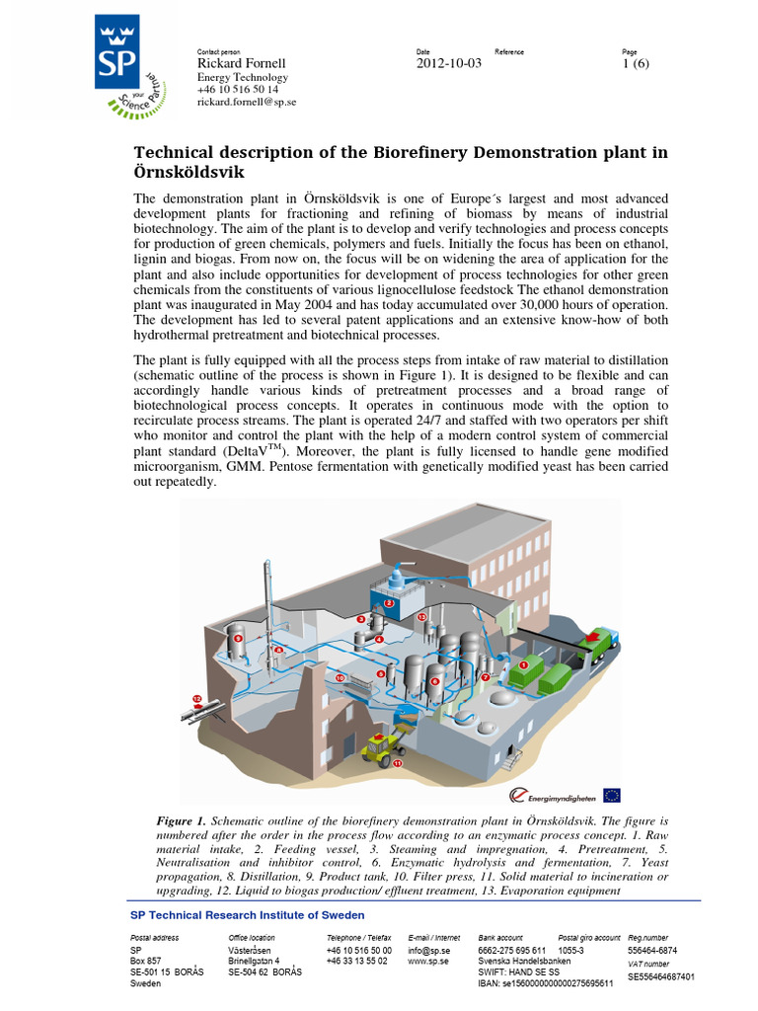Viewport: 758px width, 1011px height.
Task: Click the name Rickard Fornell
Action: coord(242,64)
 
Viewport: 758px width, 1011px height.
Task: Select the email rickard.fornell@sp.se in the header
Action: coord(247,102)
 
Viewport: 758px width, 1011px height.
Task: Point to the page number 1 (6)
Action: coord(636,64)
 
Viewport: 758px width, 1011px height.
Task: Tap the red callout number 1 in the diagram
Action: coord(523,665)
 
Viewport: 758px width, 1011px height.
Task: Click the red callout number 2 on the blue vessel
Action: coord(389,602)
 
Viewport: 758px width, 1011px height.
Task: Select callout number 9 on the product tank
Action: coord(381,673)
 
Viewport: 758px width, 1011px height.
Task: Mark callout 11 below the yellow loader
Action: coord(398,763)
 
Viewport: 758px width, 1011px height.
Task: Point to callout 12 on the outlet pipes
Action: coord(196,699)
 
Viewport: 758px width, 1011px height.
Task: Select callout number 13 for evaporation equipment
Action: coord(421,617)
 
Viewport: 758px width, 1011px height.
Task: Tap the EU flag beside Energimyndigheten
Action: coord(612,795)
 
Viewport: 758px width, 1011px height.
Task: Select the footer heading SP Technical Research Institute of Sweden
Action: coord(248,915)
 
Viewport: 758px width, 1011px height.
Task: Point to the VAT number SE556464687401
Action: coord(661,976)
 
